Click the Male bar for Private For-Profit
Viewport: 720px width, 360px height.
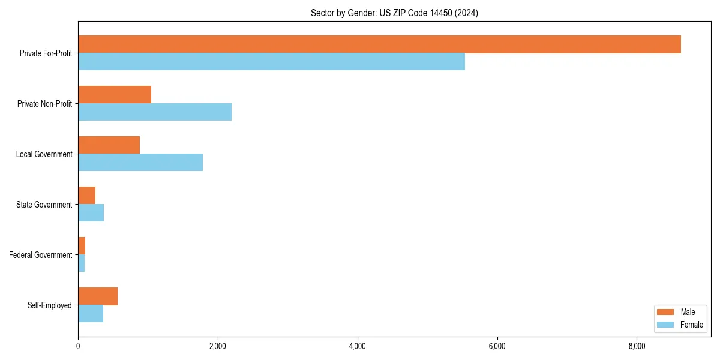pyautogui.click(x=379, y=44)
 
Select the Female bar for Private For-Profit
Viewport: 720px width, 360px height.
pyautogui.click(x=271, y=62)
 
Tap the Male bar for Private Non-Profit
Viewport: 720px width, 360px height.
pyautogui.click(x=115, y=95)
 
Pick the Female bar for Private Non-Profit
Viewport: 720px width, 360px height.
pyautogui.click(x=155, y=112)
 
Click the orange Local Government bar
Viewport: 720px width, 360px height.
pyautogui.click(x=109, y=145)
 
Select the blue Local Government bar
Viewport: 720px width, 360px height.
pyautogui.click(x=140, y=163)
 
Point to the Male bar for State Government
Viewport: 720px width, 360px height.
pyautogui.click(x=87, y=196)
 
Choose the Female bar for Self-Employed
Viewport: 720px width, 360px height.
pyautogui.click(x=91, y=314)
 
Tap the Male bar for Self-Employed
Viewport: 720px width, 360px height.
pyautogui.click(x=98, y=296)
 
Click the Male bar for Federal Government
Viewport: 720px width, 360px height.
pyautogui.click(x=82, y=246)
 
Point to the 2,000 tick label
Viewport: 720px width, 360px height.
pyautogui.click(x=218, y=346)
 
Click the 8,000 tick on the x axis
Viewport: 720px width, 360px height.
pyautogui.click(x=637, y=346)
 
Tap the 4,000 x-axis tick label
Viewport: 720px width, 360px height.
pyautogui.click(x=358, y=346)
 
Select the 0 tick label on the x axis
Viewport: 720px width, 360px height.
pyautogui.click(x=78, y=346)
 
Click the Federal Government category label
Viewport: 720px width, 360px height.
pyautogui.click(x=41, y=255)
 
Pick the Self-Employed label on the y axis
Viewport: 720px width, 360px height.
pyautogui.click(x=50, y=305)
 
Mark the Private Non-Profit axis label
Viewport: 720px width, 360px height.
pyautogui.click(x=44, y=104)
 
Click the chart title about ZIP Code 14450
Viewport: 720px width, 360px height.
pyautogui.click(x=394, y=13)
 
